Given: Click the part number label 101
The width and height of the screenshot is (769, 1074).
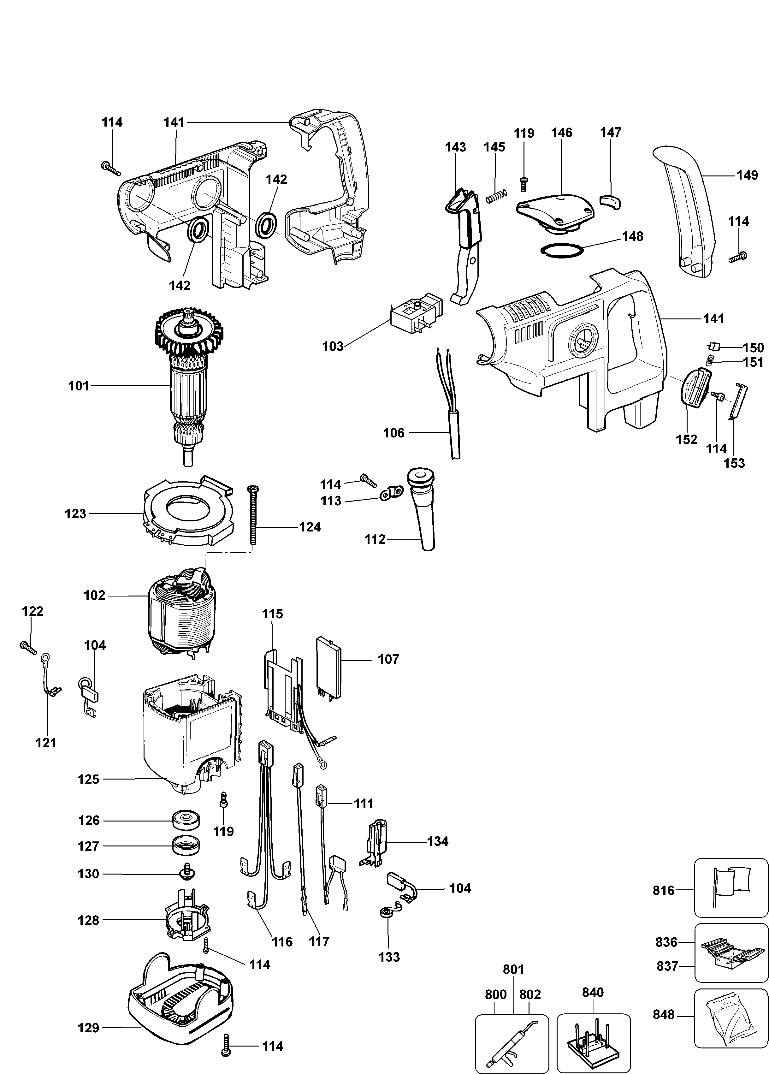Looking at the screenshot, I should tap(79, 386).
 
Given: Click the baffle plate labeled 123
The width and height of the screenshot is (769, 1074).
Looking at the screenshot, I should tap(188, 511).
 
